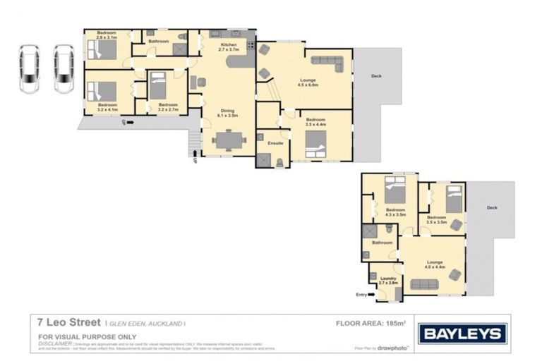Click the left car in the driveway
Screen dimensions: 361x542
pos(30,69)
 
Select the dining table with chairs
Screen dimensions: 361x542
pos(228,140)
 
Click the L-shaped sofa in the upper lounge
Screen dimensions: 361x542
pos(327,63)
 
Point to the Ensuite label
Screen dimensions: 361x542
pos(275,143)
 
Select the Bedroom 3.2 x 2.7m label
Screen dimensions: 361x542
pos(167,108)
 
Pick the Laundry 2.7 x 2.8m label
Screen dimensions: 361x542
pos(388,281)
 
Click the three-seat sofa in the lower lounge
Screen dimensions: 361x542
pos(423,284)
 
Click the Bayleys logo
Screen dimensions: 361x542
pos(462,334)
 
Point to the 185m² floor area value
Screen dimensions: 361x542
pos(399,323)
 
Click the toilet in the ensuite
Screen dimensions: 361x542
pos(280,162)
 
